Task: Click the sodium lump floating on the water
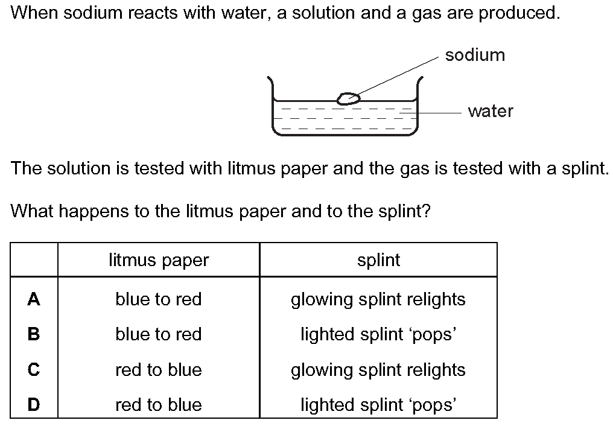[x=349, y=98]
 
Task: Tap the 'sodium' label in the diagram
[x=475, y=55]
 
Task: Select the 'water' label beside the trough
[x=491, y=111]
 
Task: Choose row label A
[x=34, y=299]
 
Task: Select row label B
[x=34, y=334]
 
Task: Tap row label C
[x=34, y=369]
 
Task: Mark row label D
[x=34, y=404]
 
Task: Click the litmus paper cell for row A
[x=158, y=299]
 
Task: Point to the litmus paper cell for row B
[x=158, y=334]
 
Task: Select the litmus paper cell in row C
[x=158, y=369]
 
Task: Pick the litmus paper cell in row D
[x=158, y=405]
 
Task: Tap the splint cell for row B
[x=378, y=335]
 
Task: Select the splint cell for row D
[x=378, y=405]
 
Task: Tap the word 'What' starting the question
[x=31, y=211]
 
